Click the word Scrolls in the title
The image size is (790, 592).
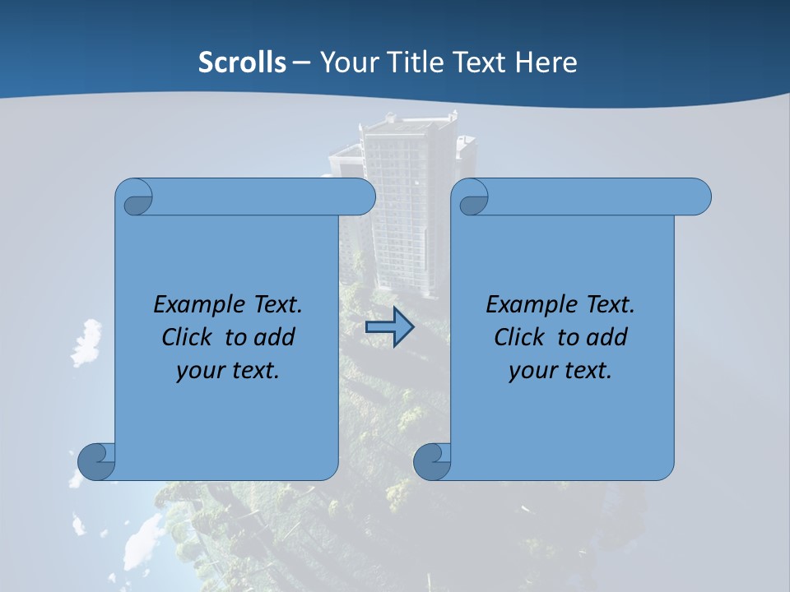point(243,62)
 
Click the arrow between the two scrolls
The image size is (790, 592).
point(389,327)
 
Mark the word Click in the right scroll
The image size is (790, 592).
point(520,337)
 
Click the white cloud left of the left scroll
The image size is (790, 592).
point(84,343)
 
